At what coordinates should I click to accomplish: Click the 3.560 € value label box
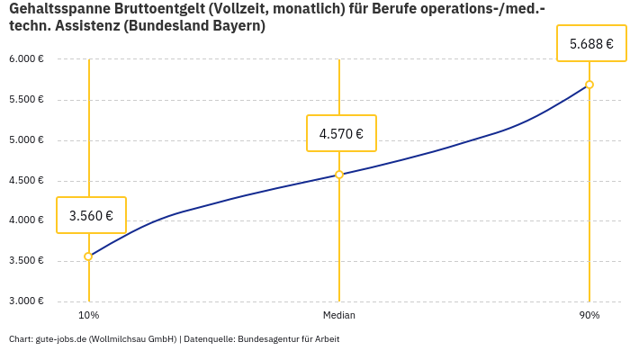(91, 215)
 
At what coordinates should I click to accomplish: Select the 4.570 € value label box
(341, 133)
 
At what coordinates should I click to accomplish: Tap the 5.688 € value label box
(591, 43)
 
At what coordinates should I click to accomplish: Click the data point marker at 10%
(88, 256)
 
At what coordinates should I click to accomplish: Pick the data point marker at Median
(339, 175)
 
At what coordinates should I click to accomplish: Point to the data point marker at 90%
(589, 85)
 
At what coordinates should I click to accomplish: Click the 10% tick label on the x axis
(88, 315)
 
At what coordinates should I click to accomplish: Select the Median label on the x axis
(339, 315)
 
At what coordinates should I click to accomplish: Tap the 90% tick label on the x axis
(589, 315)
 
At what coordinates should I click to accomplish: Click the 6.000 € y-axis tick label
(26, 59)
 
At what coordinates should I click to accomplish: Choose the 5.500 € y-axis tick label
(26, 100)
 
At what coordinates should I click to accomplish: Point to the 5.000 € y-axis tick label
(26, 140)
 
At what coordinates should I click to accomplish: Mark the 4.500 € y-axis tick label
(26, 180)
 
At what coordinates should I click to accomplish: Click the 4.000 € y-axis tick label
(26, 220)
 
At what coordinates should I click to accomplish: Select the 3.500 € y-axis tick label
(26, 261)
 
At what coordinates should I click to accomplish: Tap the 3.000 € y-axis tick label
(26, 301)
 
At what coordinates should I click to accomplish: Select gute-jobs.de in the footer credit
(60, 339)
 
